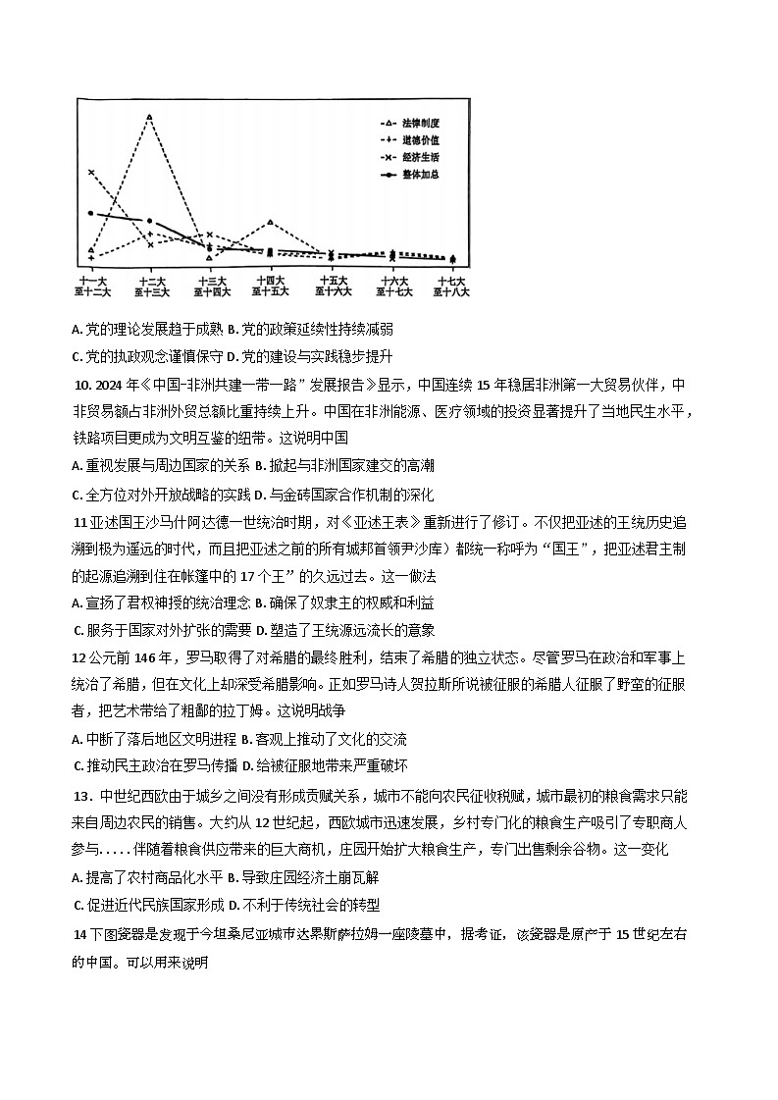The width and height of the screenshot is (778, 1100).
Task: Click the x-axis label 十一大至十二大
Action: pos(90,286)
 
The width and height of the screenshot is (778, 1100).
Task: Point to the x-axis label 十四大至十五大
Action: pos(270,286)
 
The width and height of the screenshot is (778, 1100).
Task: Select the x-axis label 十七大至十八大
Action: pos(451,286)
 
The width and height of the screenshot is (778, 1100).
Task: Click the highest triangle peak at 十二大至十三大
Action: pos(149,117)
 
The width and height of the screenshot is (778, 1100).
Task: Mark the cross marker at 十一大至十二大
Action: pos(90,172)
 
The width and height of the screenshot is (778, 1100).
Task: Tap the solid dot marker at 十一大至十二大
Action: pos(90,213)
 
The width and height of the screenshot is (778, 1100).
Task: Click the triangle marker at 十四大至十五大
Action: pos(270,222)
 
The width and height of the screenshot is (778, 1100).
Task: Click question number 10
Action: pos(81,385)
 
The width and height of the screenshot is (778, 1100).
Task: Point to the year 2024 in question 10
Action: pos(109,385)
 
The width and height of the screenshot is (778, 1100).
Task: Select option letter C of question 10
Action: pos(77,495)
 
